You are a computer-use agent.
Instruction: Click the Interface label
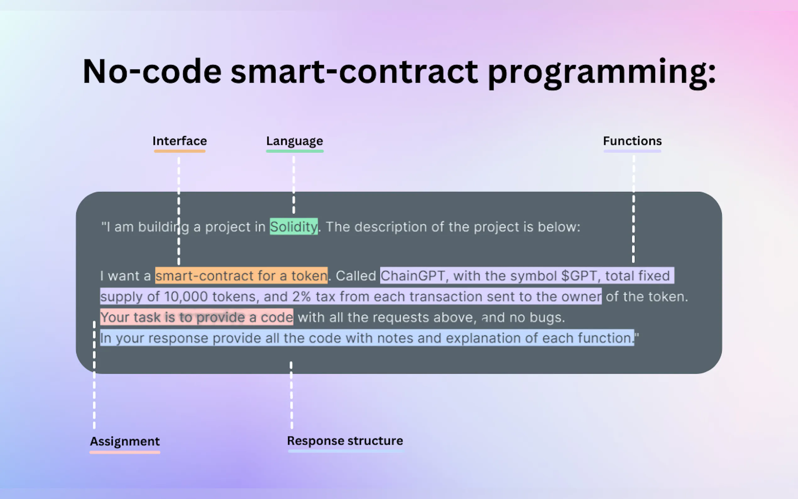tap(179, 141)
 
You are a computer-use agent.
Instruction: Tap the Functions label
tap(632, 141)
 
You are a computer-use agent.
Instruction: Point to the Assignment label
tap(125, 441)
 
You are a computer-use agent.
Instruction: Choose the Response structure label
tap(345, 441)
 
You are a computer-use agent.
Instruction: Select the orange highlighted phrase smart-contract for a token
tap(242, 275)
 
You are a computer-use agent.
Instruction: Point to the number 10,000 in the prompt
tap(186, 296)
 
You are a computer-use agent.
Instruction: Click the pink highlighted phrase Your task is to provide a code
tap(197, 317)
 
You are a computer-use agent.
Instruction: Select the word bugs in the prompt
tap(547, 317)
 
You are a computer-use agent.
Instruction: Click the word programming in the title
tap(602, 73)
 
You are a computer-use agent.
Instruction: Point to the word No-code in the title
tap(152, 71)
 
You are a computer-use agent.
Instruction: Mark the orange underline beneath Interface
tap(180, 151)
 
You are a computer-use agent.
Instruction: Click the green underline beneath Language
tap(295, 151)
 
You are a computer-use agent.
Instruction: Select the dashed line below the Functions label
tap(633, 209)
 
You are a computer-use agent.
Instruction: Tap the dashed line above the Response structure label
tap(291, 395)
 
